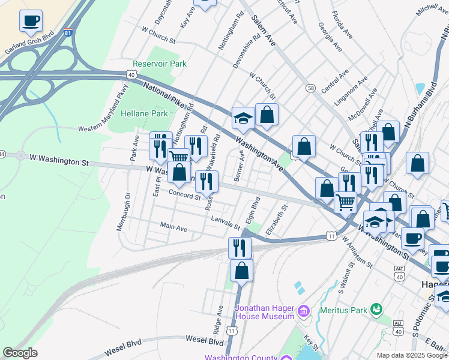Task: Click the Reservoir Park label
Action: click(x=160, y=64)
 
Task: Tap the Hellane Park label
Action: click(x=144, y=113)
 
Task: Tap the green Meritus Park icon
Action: click(x=376, y=310)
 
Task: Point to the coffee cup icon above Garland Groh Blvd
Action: click(x=31, y=21)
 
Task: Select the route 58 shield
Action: click(x=310, y=88)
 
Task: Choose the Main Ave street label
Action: click(x=173, y=228)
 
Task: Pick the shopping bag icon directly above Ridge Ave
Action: click(x=241, y=270)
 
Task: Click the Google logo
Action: click(x=20, y=353)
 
